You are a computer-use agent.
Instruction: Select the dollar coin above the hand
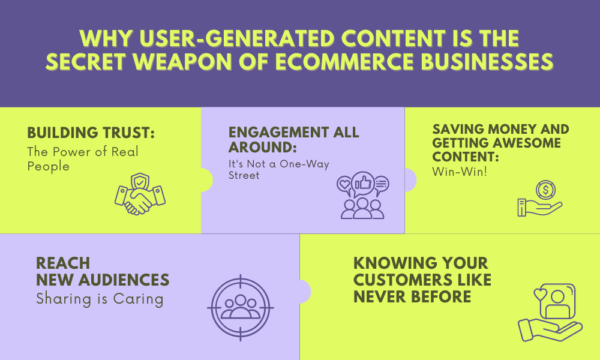tap(545, 190)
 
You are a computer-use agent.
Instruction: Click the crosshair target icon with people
tap(241, 308)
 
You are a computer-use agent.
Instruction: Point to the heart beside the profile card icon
tap(541, 294)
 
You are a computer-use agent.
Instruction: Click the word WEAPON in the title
tap(183, 62)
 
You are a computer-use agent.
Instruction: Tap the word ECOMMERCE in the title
tap(344, 62)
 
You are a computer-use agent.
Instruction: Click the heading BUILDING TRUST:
tap(91, 133)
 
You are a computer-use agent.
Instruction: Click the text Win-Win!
tap(460, 172)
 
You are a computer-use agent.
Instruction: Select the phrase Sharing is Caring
tap(100, 299)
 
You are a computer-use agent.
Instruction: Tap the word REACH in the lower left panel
tap(63, 263)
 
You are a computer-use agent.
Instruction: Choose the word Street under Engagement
tap(244, 175)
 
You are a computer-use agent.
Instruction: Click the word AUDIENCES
tap(124, 280)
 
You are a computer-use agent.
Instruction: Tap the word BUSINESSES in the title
tap(487, 62)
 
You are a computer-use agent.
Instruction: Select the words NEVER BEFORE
tap(412, 297)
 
